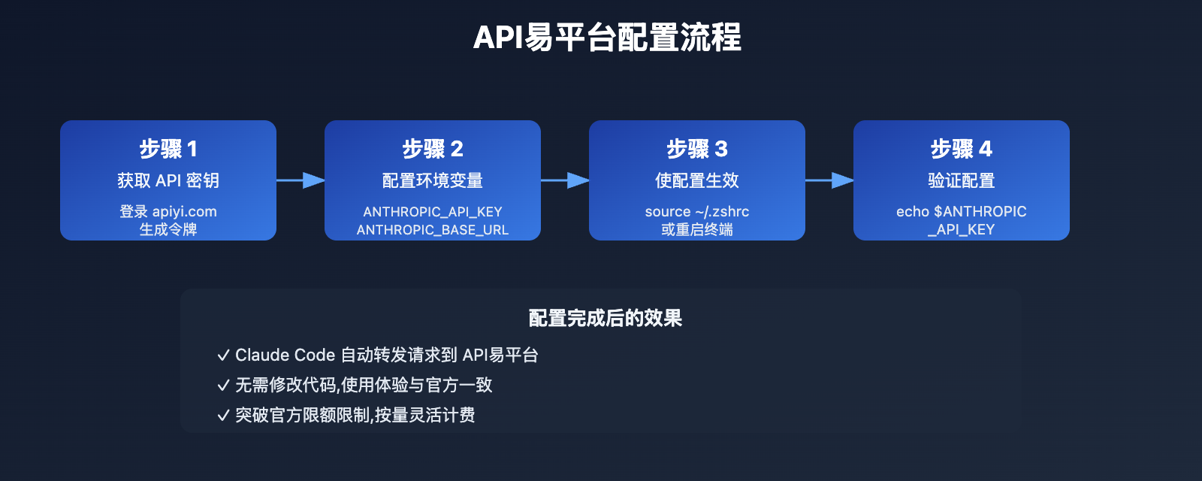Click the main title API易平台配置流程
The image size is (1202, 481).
point(607,38)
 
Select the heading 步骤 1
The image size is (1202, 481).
point(168,149)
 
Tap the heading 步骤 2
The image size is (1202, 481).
point(433,149)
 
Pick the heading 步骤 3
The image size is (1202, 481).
point(697,149)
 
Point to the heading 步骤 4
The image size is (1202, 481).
point(962,149)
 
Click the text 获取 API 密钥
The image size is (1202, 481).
point(168,180)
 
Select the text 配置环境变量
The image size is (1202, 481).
point(433,180)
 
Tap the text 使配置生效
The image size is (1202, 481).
point(697,180)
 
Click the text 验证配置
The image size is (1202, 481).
point(962,180)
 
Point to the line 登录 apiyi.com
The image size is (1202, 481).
point(168,211)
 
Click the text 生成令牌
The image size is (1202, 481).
point(168,229)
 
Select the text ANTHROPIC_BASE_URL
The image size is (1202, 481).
point(433,230)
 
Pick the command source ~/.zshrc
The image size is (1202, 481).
point(697,211)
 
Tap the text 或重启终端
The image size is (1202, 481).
point(697,229)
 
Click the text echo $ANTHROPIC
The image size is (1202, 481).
point(962,211)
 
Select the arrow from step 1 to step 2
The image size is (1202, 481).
point(300,180)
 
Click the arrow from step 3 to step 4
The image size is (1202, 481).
point(829,180)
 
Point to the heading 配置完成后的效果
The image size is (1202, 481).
point(606,318)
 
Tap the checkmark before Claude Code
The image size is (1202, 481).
point(223,355)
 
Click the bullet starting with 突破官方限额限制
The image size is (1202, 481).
point(355,415)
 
